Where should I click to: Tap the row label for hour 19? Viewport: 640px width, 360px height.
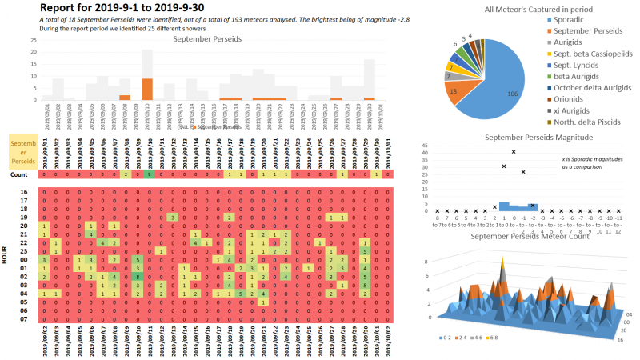(24, 217)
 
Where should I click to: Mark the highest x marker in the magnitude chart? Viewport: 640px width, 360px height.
(514, 152)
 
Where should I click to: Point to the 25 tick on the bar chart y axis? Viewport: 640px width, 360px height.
(33, 39)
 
